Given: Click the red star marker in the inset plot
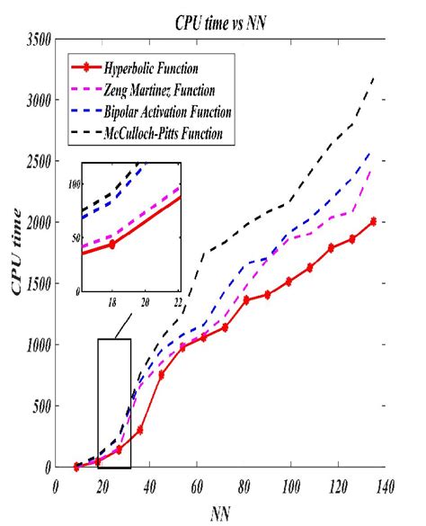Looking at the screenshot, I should [x=112, y=244].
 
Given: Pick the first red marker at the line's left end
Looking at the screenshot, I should [x=76, y=466].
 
